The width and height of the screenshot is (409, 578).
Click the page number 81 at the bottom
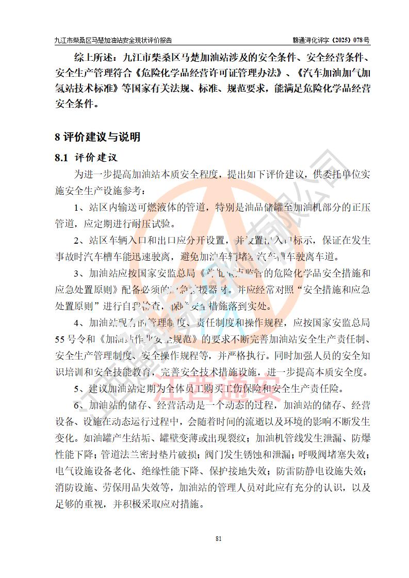(x=218, y=539)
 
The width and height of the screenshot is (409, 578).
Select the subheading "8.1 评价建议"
(x=86, y=158)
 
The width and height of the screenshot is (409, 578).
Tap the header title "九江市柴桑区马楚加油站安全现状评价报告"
(x=113, y=40)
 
